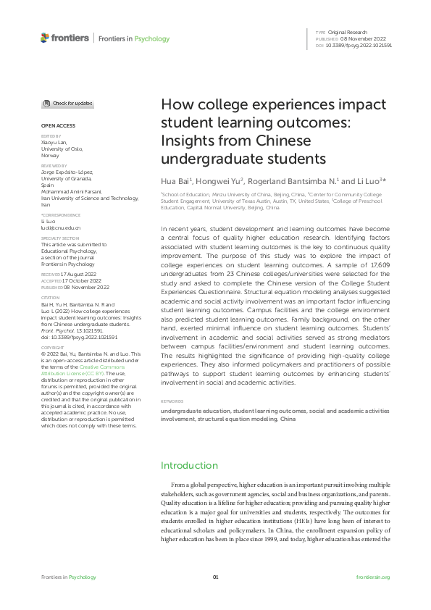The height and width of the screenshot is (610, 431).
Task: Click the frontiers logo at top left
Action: point(64,38)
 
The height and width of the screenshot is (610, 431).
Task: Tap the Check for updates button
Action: point(67,104)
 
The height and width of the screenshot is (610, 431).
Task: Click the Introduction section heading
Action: point(189,465)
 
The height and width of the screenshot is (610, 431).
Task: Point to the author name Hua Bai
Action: point(175,179)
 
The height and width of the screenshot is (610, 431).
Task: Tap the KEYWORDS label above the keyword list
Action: point(172,401)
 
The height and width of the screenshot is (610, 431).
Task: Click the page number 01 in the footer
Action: point(215,577)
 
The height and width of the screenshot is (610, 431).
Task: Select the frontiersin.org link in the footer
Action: point(374,577)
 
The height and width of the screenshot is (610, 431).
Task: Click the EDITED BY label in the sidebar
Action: point(51,135)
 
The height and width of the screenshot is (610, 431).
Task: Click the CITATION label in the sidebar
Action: point(50,298)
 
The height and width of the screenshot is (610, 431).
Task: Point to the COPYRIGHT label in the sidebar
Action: point(51,347)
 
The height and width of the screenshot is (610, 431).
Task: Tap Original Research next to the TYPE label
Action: point(348,33)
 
